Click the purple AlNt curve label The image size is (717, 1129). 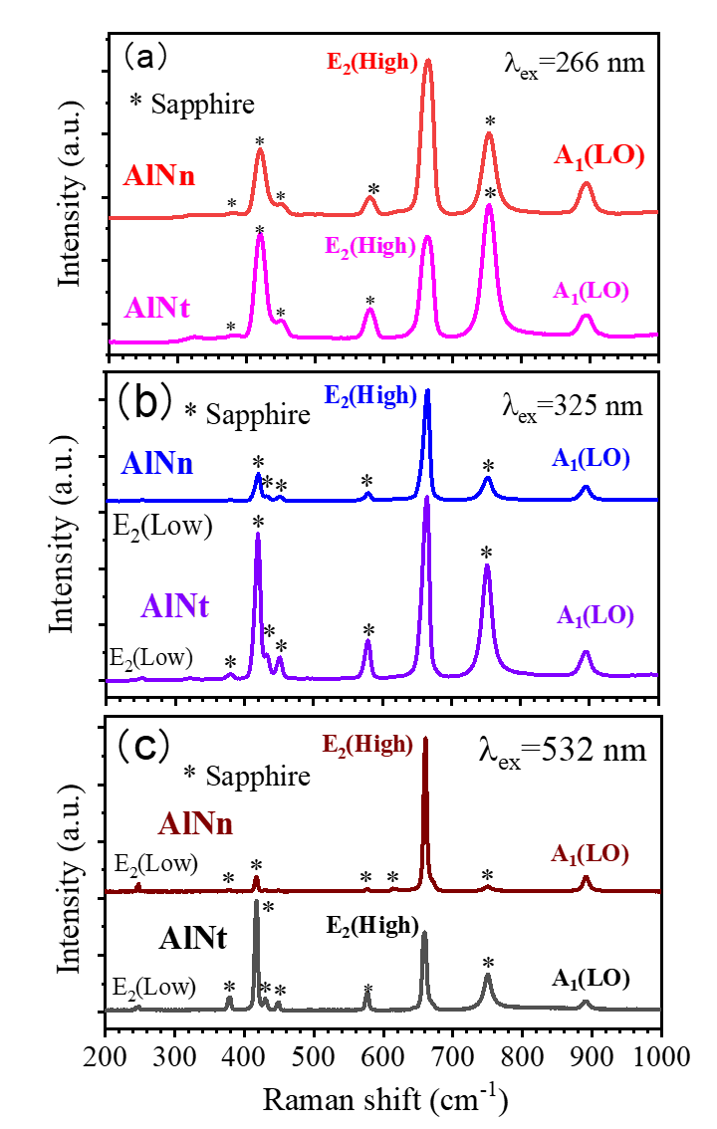[175, 605]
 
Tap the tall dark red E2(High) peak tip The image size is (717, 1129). [426, 739]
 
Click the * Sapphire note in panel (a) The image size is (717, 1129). [192, 103]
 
